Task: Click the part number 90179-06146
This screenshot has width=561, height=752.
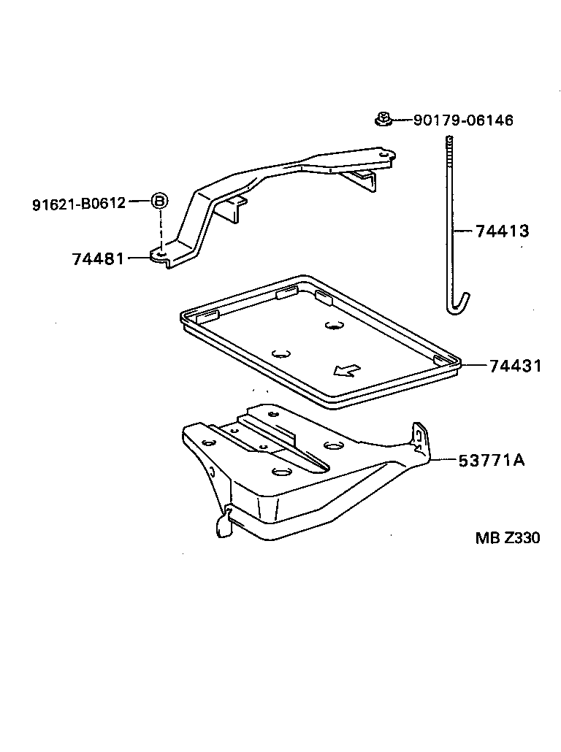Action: (463, 120)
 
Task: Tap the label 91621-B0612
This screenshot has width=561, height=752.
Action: (79, 204)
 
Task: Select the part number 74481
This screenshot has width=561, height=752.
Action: (98, 259)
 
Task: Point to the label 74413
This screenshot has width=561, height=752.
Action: (503, 231)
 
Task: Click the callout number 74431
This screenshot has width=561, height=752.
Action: (516, 366)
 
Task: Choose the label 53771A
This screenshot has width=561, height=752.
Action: (492, 461)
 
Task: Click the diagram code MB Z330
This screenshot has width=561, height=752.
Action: (508, 537)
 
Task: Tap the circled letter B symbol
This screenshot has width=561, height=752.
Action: (160, 201)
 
